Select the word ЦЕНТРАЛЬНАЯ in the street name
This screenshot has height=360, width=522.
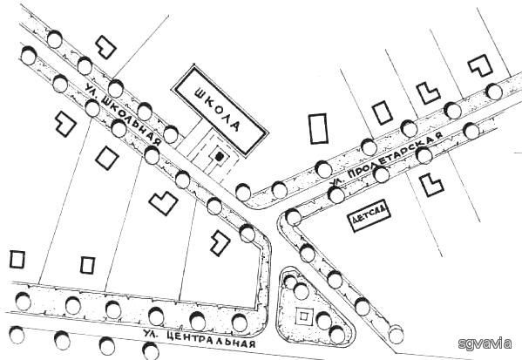pos(211,339)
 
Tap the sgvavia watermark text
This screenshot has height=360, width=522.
pos(485,343)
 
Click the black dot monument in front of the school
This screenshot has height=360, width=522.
pos(219,157)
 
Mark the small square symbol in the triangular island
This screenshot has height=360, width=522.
pos(304,316)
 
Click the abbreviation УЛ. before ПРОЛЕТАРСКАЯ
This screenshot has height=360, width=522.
pos(335,182)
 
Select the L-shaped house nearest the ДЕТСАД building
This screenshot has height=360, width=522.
pos(431,185)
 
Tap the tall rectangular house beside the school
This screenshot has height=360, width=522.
pos(319,129)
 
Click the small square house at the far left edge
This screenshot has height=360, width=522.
pos(17,260)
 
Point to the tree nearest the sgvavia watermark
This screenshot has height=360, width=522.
pos(396,335)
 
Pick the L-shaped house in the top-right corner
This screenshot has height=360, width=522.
pos(481,65)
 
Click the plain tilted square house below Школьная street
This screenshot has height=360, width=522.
pos(107,158)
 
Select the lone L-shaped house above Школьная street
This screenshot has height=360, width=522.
pos(105,47)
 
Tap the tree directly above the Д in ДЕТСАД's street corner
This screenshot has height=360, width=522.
pos(294,217)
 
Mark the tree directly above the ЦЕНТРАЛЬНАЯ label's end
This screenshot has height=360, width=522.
pos(240,323)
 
